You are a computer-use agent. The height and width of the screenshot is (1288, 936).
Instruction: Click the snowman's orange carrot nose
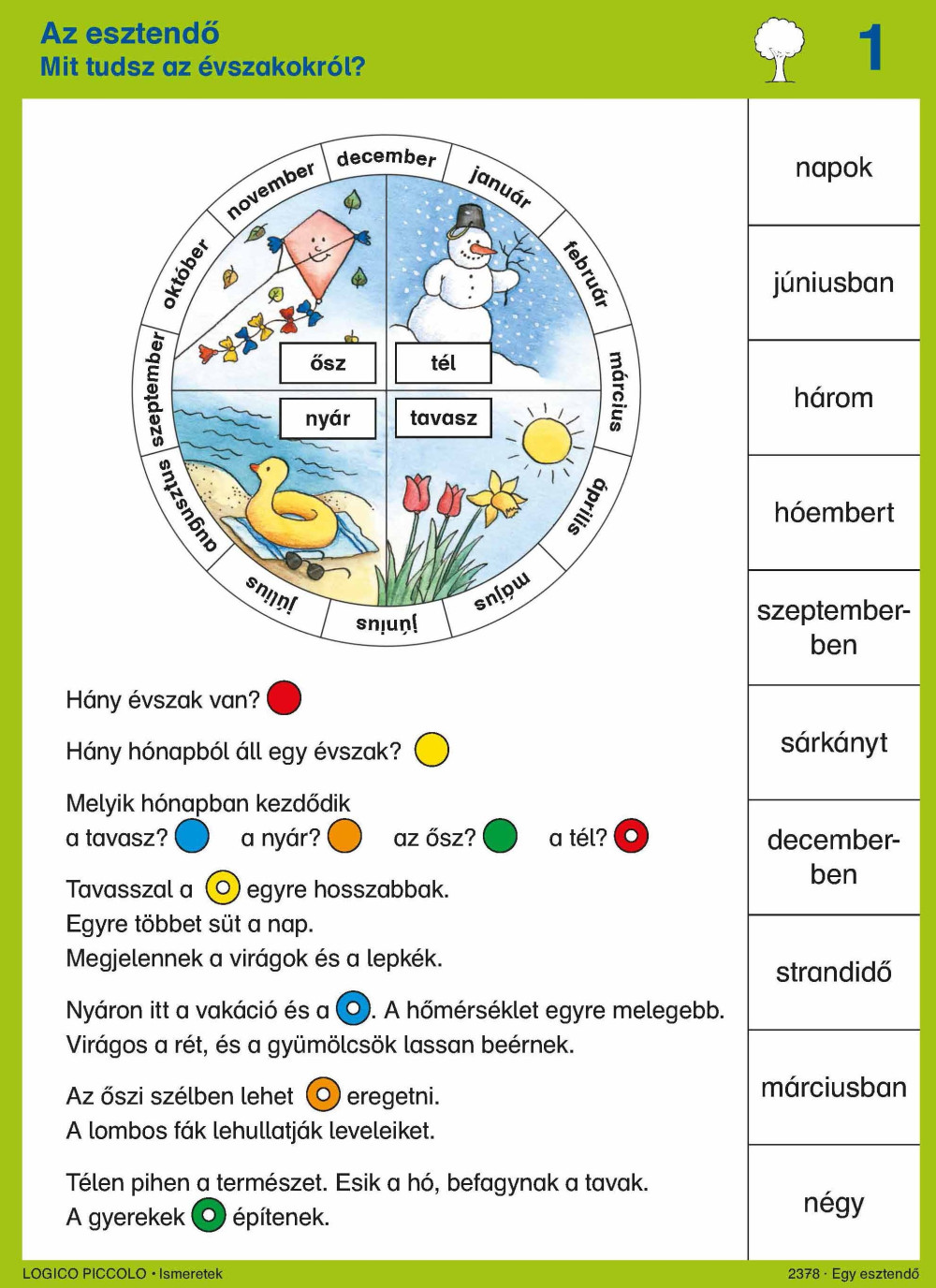point(482,249)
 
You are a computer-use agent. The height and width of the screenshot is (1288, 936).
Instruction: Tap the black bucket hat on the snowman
point(470,216)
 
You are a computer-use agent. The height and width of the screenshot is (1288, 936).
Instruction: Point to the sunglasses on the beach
point(313,566)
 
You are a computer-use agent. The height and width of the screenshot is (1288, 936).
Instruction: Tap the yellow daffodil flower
point(500,494)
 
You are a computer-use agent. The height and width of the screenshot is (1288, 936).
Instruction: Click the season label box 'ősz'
point(328,363)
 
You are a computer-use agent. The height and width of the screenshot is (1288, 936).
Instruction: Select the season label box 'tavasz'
point(444,418)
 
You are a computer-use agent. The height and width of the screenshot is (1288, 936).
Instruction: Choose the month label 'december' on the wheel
point(387,158)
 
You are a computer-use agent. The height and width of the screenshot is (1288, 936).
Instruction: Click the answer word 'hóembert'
point(834,513)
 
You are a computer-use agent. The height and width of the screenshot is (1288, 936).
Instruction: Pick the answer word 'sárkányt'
point(834,744)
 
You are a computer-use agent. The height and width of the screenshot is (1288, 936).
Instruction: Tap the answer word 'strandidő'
point(834,973)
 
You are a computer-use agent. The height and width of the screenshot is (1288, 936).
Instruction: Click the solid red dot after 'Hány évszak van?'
point(284,698)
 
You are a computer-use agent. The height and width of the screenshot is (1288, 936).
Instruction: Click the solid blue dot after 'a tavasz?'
point(192,836)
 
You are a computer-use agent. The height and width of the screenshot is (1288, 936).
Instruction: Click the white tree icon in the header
point(779,49)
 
